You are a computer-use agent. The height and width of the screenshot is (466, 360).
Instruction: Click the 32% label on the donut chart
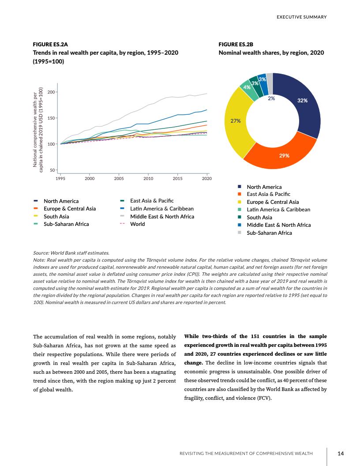click(302, 101)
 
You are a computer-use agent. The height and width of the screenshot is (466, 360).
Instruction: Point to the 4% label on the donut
click(247, 87)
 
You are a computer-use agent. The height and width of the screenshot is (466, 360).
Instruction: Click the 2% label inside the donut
click(271, 98)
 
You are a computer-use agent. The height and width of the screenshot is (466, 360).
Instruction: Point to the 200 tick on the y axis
click(51, 92)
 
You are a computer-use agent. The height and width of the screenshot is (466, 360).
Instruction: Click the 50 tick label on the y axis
click(52, 170)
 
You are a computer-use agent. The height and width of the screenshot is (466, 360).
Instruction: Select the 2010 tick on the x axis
click(148, 178)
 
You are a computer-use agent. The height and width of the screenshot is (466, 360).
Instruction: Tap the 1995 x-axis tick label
click(60, 178)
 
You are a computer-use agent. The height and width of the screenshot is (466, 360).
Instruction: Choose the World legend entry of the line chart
click(137, 224)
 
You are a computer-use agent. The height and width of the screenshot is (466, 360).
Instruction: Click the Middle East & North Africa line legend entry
click(162, 216)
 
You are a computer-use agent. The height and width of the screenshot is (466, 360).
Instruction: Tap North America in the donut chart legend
click(264, 187)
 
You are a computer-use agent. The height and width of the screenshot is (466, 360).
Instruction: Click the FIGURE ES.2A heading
click(50, 45)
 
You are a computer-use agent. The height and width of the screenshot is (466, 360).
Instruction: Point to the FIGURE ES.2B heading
click(236, 45)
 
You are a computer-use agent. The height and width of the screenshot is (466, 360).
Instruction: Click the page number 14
click(340, 453)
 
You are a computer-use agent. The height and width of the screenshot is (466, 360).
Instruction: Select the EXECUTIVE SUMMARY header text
click(301, 17)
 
